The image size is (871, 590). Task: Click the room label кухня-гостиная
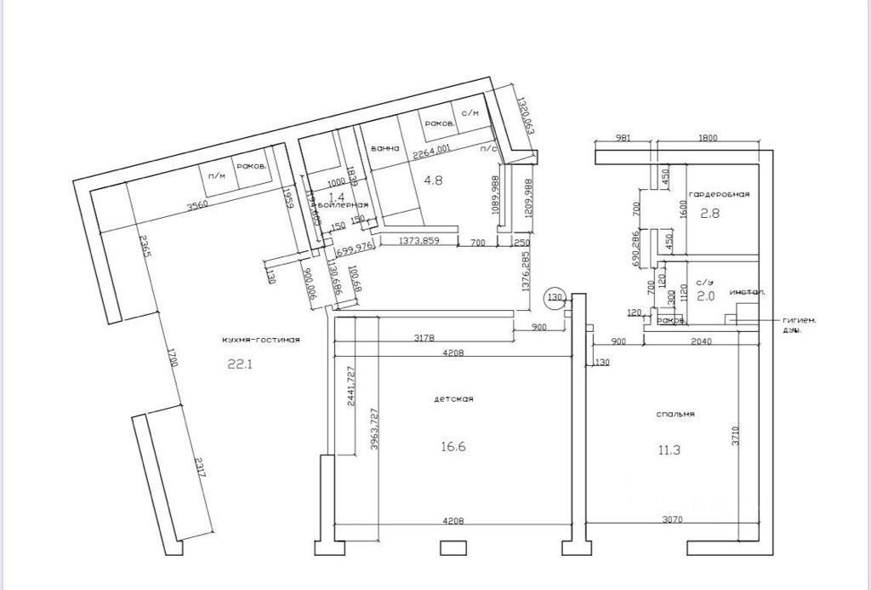[x=261, y=339]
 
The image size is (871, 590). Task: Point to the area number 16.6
[x=455, y=446]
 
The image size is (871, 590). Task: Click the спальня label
[x=676, y=414]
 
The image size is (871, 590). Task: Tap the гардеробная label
[x=720, y=194]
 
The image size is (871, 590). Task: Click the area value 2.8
[x=709, y=214]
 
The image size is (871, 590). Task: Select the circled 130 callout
[x=555, y=297]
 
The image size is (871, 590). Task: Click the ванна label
[x=385, y=148]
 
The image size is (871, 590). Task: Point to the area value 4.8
[x=433, y=180]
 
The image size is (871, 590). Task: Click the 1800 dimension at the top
[x=707, y=138]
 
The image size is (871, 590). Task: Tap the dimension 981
[x=623, y=138]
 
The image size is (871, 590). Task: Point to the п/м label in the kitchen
[x=217, y=175]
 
